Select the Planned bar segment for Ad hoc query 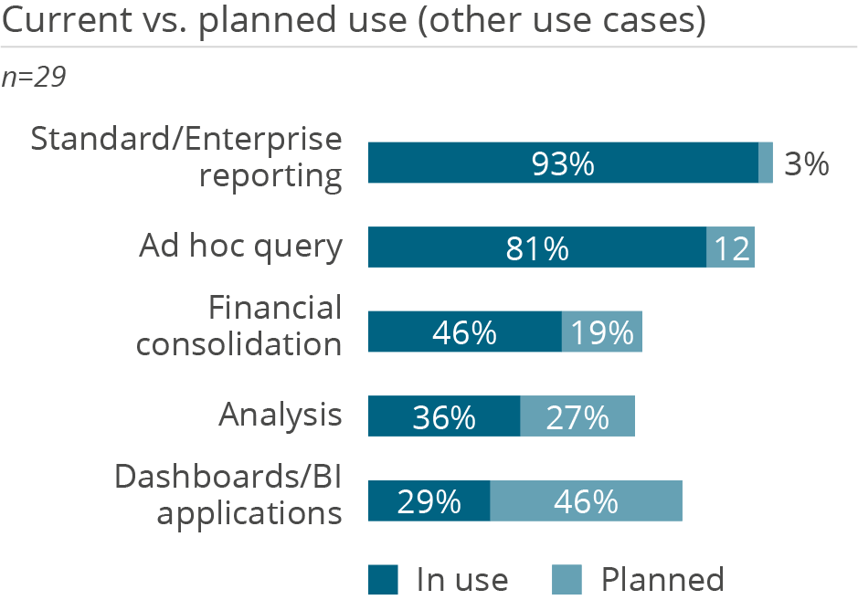click(730, 247)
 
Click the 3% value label click(806, 164)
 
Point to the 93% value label click(563, 164)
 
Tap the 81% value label click(537, 248)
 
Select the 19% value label click(602, 332)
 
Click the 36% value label click(444, 417)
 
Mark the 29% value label click(429, 501)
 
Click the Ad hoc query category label click(240, 247)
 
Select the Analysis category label click(280, 415)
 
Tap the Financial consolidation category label click(239, 325)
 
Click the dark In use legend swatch click(384, 579)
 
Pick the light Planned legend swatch click(567, 579)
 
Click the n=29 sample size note click(34, 78)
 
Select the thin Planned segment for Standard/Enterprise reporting click(766, 163)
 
